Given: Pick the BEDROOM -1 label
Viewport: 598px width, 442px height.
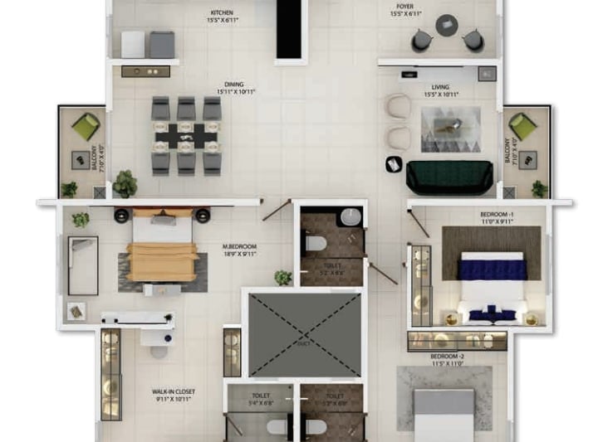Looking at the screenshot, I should [x=496, y=217].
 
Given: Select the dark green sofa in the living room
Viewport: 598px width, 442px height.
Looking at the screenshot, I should [x=444, y=177].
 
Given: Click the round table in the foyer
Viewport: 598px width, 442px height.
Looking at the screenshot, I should [x=448, y=26].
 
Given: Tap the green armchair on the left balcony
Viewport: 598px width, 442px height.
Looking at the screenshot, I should [x=86, y=127].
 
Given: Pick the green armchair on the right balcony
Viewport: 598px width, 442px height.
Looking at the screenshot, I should [x=522, y=127].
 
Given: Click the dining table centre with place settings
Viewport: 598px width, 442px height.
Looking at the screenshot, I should [x=186, y=135].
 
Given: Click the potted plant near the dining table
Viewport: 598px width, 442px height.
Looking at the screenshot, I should [x=125, y=182].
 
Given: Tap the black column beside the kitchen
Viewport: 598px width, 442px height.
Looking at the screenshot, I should [x=287, y=29].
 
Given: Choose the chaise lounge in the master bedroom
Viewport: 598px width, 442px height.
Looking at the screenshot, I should [x=83, y=265].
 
